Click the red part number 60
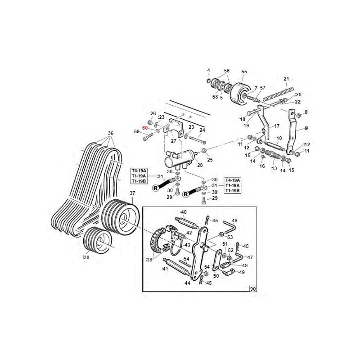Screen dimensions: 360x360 145,128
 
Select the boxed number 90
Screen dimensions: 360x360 253,289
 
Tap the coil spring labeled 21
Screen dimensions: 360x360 278,94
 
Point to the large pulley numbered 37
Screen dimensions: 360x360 121,216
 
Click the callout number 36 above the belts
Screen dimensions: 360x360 111,133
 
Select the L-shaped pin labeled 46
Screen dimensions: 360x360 230,226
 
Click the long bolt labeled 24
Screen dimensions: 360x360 197,140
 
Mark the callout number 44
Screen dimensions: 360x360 187,283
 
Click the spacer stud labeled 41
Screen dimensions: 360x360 176,267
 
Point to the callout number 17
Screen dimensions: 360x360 277,126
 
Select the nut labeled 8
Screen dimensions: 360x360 299,115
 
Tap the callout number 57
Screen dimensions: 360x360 263,88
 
